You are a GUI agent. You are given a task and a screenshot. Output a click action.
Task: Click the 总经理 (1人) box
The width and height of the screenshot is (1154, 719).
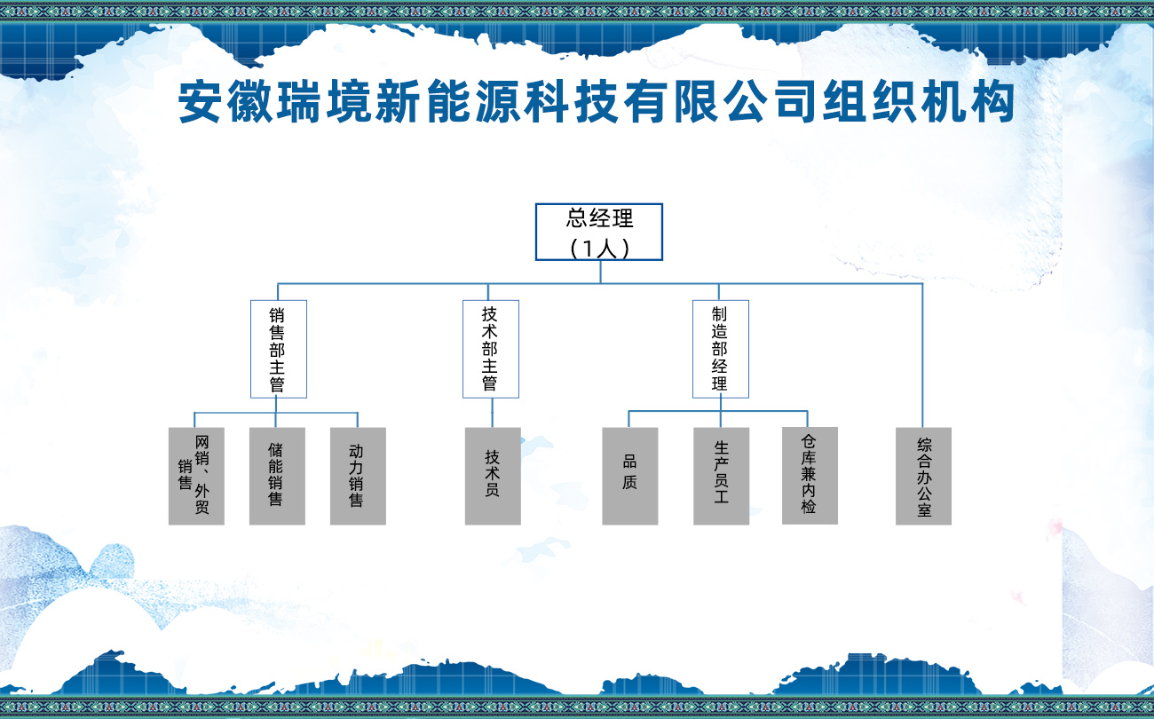[599, 232]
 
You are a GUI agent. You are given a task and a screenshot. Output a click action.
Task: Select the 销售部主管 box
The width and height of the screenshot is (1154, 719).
[279, 349]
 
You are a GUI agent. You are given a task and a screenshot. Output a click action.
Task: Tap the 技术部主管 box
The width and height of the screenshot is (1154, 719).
[491, 349]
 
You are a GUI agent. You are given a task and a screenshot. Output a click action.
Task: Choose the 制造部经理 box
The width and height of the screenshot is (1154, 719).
[720, 349]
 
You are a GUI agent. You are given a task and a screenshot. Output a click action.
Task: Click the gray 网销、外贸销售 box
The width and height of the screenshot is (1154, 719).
[196, 476]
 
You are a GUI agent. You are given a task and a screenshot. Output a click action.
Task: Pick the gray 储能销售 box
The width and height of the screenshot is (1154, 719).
[277, 476]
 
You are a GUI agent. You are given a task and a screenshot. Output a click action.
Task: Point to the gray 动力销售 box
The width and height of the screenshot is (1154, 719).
[358, 476]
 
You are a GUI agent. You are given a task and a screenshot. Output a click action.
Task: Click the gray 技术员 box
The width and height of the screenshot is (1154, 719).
[493, 476]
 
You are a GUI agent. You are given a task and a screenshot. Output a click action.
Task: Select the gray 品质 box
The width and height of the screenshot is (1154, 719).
[630, 476]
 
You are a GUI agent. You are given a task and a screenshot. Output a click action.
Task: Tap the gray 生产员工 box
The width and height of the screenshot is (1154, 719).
[721, 476]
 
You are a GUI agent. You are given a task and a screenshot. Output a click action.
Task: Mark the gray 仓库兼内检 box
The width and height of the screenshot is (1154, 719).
[810, 475]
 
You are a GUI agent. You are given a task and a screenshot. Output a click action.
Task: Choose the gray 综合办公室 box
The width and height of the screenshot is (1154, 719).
[923, 476]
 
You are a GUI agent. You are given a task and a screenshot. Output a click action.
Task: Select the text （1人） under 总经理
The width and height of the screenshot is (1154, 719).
[600, 248]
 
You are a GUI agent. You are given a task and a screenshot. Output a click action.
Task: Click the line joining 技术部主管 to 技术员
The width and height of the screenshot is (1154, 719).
[493, 413]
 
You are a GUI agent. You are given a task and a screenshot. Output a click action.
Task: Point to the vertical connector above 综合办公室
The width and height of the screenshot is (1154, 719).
[922, 355]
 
